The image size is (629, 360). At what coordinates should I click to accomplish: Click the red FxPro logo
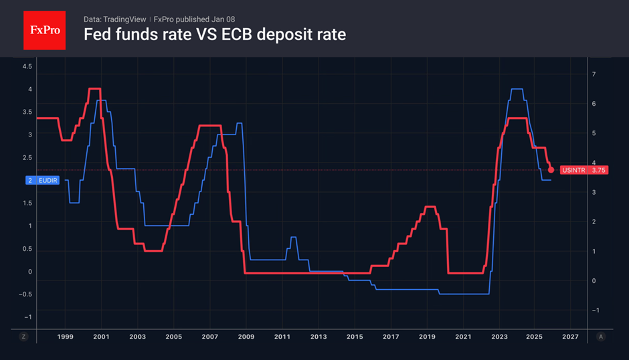pyautogui.click(x=45, y=30)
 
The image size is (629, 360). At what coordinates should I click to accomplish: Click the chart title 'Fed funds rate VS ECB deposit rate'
pyautogui.click(x=215, y=35)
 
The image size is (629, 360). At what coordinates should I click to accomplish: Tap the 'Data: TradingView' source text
pyautogui.click(x=114, y=19)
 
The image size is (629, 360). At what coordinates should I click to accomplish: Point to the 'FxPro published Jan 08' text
pyautogui.click(x=194, y=19)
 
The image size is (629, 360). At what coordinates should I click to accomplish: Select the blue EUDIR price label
pyautogui.click(x=43, y=180)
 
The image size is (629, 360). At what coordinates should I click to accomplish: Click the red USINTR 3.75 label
pyautogui.click(x=584, y=170)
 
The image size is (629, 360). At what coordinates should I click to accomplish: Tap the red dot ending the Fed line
pyautogui.click(x=551, y=170)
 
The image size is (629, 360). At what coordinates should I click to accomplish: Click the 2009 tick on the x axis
pyautogui.click(x=246, y=337)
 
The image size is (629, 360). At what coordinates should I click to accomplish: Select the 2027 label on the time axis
pyautogui.click(x=570, y=337)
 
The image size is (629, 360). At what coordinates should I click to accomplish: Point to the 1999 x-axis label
pyautogui.click(x=65, y=337)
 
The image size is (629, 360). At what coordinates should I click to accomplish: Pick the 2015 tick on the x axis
pyautogui.click(x=355, y=337)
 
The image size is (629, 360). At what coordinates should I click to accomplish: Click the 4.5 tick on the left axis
pyautogui.click(x=27, y=66)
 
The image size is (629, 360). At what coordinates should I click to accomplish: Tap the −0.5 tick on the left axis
pyautogui.click(x=25, y=294)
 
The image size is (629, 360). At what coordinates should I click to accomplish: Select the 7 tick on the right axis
pyautogui.click(x=594, y=74)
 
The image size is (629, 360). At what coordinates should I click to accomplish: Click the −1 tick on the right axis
pyautogui.click(x=596, y=310)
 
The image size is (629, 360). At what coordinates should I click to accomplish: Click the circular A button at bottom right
pyautogui.click(x=600, y=337)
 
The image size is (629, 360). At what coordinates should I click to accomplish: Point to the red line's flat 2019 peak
pyautogui.click(x=430, y=207)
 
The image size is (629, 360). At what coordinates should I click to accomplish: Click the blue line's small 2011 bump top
pyautogui.click(x=293, y=238)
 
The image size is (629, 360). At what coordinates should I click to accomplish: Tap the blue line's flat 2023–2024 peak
pyautogui.click(x=517, y=89)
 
